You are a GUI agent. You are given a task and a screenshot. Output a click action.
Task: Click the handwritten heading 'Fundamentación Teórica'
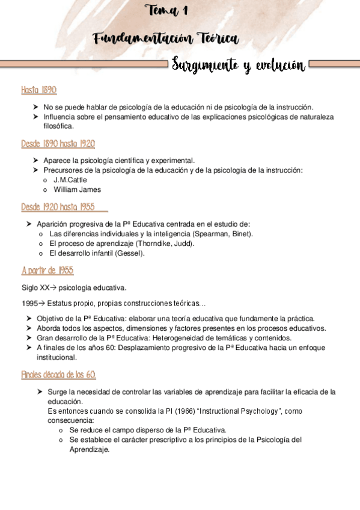(166, 39)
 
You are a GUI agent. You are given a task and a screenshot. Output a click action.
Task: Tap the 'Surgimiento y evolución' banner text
(238, 65)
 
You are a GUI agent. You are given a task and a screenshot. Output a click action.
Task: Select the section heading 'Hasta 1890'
(38, 90)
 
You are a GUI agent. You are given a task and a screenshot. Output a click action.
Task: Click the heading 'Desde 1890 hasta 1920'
(57, 144)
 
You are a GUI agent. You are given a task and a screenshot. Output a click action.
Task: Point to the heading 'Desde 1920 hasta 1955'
(58, 207)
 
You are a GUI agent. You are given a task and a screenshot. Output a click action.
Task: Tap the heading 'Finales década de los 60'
(58, 375)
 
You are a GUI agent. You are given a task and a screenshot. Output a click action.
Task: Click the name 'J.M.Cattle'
(71, 180)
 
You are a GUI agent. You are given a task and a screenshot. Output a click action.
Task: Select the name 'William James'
(77, 189)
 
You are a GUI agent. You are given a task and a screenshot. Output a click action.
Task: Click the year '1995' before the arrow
(29, 303)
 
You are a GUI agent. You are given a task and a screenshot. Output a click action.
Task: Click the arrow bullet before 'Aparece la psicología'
(37, 161)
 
